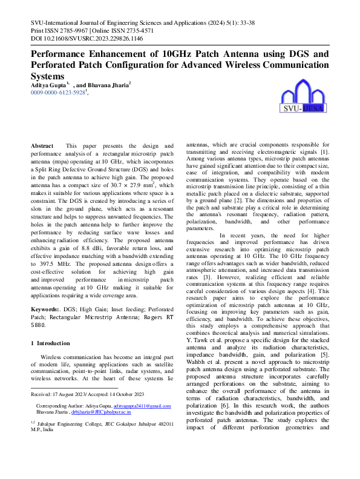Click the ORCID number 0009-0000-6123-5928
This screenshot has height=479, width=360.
(57, 93)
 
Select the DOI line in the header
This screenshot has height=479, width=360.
(87, 38)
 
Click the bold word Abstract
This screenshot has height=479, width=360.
(42, 147)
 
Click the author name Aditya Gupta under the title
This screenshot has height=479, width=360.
(48, 85)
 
